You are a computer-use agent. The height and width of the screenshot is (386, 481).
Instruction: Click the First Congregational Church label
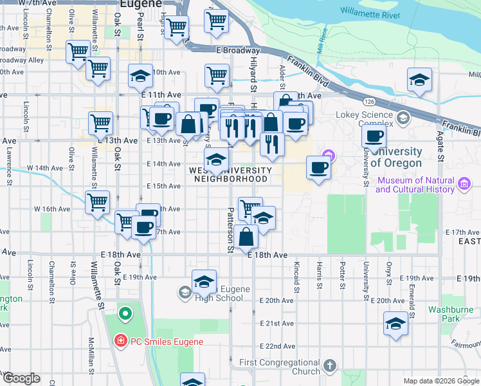[279, 367]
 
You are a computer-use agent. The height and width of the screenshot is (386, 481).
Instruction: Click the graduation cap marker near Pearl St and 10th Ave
[140, 76]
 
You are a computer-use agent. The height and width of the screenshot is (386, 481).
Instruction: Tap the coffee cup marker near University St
[373, 136]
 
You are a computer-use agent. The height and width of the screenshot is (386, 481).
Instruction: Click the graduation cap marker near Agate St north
[419, 80]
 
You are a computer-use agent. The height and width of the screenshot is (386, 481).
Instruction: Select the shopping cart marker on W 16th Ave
[97, 203]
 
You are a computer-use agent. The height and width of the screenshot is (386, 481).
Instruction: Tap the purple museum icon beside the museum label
[464, 185]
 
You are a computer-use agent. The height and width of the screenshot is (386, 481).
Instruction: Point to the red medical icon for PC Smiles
[120, 341]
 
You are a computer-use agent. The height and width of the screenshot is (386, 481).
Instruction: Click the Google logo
[21, 378]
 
